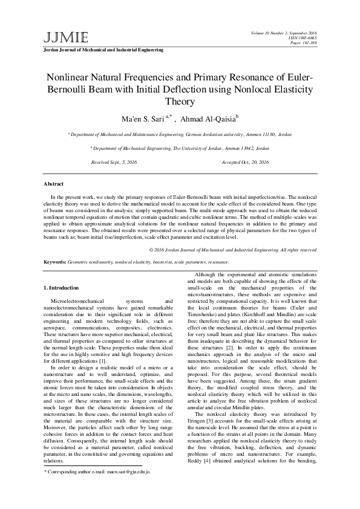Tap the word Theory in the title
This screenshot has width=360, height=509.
[180, 102]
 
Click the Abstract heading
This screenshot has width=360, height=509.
[54, 183]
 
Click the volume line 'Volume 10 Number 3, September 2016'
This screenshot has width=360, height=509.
[292, 31]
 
